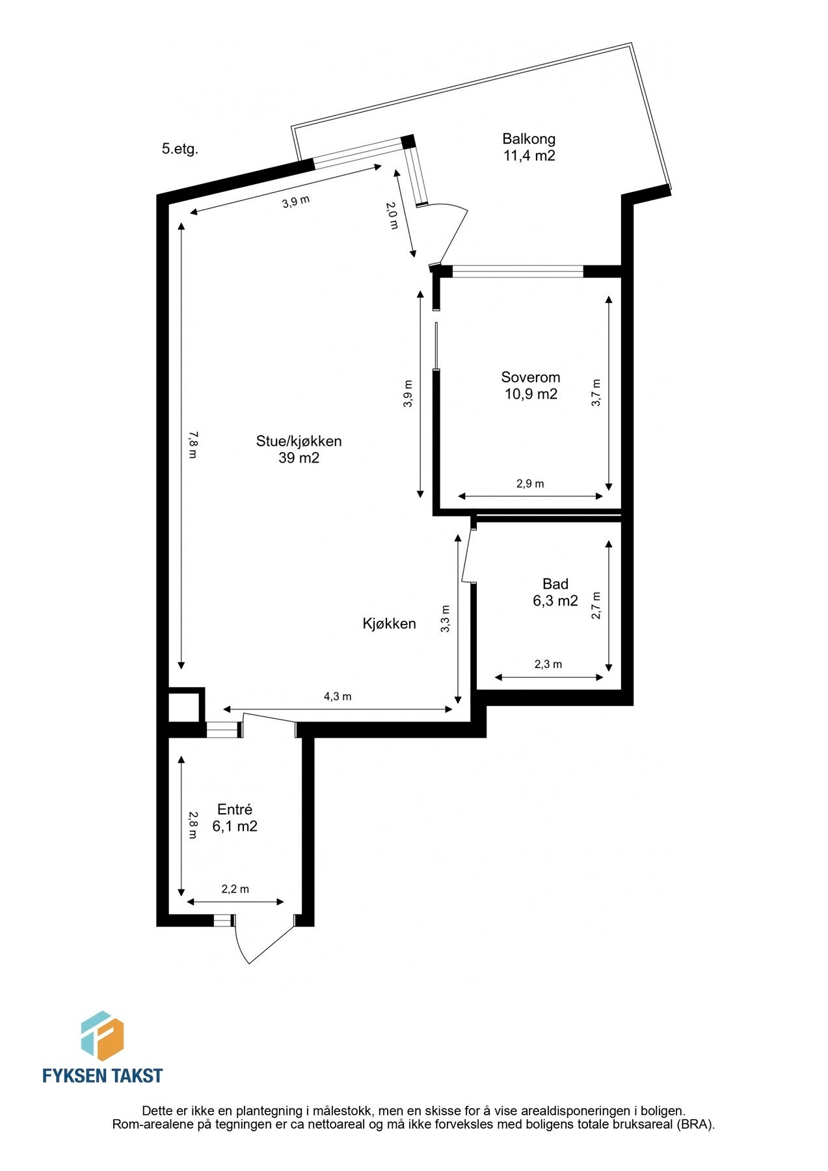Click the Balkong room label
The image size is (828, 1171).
point(528,139)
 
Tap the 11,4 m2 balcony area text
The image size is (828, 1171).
point(528,156)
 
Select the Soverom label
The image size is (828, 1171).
point(530,377)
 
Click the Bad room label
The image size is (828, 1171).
point(555,584)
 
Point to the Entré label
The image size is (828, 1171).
point(234,809)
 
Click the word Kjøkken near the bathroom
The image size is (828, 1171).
point(389,624)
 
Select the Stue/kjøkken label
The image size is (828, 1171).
point(299,441)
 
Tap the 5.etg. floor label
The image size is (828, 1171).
point(180,149)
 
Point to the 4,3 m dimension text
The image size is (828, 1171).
point(338,697)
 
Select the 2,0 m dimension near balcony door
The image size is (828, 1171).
point(392,216)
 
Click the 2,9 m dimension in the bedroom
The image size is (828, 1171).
point(530,484)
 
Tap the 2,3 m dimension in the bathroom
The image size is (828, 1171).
point(548,664)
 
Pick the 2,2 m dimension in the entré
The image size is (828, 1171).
point(235,889)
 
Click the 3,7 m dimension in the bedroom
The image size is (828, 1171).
point(596,393)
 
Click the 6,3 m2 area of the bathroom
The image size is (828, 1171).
point(555,601)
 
